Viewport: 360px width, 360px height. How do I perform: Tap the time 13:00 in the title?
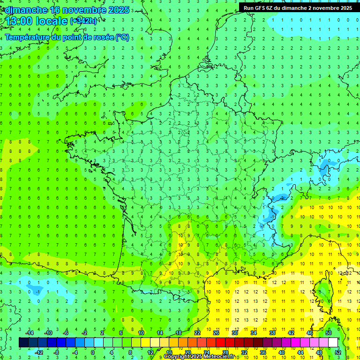click(21, 21)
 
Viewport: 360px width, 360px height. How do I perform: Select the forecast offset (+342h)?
click(84, 21)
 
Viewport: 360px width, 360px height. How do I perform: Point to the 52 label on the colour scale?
click(338, 352)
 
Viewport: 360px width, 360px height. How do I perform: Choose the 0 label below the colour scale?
click(92, 352)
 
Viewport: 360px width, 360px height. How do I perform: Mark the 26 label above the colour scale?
click(216, 333)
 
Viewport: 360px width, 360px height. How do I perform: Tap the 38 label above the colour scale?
click(272, 333)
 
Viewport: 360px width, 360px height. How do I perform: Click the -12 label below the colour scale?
click(39, 352)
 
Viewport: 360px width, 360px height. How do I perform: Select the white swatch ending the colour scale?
click(333, 342)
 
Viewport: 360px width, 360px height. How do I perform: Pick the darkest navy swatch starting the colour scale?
click(23, 342)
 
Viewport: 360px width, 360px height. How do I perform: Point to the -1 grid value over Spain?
click(37, 291)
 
